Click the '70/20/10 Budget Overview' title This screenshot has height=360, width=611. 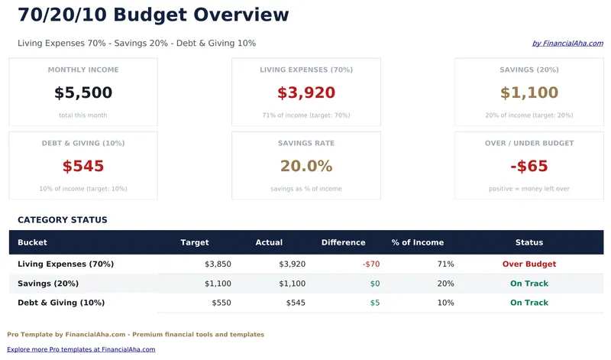point(154,15)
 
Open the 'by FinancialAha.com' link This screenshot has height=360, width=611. point(567,44)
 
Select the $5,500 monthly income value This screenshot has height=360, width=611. point(83,93)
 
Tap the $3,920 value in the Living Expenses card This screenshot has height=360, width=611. point(306,93)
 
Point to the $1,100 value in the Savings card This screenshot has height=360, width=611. point(529,93)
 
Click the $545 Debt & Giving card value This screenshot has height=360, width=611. point(83,167)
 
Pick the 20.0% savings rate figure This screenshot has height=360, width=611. point(306,167)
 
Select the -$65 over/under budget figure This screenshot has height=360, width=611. point(529,167)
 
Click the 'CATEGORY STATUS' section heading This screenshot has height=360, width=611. point(63,220)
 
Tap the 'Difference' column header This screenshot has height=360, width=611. point(343,242)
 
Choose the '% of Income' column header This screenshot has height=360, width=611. point(417,242)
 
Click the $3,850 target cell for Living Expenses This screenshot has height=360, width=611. point(218,264)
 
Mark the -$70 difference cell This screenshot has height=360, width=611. point(371,264)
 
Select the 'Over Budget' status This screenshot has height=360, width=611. point(529,264)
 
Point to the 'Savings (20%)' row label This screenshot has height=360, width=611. point(48,284)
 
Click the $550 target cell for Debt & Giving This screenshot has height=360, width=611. point(221,303)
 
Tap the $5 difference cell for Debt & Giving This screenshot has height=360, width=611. point(374,303)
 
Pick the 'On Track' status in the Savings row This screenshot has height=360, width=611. point(529,284)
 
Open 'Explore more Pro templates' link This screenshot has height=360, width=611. point(81,349)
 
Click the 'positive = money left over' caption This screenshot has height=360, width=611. point(529,189)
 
